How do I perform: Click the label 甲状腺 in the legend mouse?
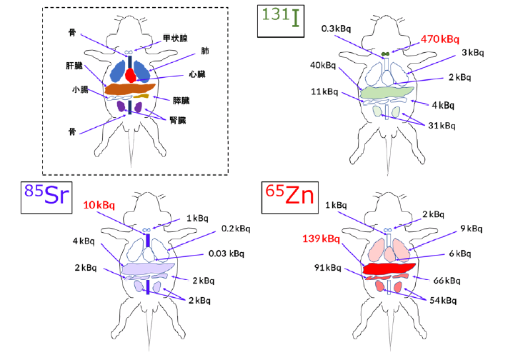174,38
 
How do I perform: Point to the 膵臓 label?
181,100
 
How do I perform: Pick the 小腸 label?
79,90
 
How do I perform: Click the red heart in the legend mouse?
130,74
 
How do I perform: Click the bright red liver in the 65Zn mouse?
389,269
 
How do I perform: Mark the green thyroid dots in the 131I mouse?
385,54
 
